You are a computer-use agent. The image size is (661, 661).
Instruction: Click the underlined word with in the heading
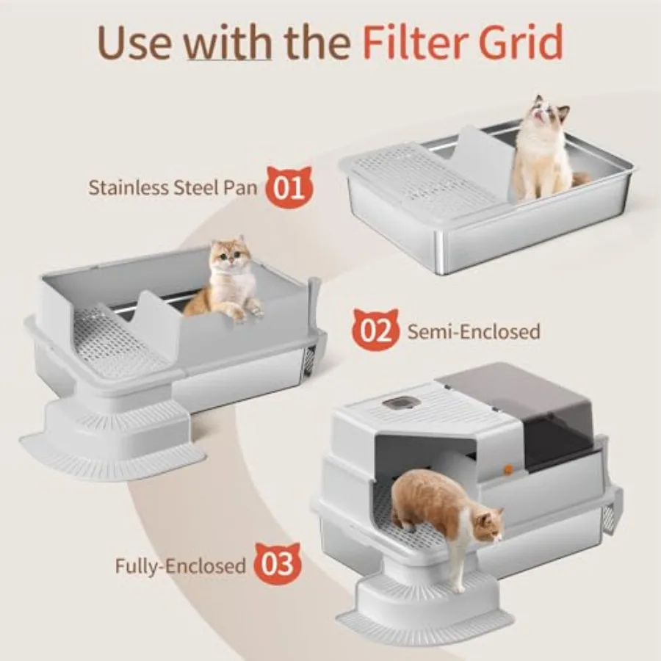pos(229,42)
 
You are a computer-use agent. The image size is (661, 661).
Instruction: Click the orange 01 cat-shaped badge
pos(289,187)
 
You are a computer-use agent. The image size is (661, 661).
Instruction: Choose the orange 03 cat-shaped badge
pos(278,563)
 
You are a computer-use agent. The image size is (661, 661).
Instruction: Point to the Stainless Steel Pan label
pos(173,187)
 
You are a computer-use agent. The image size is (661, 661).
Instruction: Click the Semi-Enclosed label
pos(474,331)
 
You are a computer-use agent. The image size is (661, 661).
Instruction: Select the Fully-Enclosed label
pos(181,565)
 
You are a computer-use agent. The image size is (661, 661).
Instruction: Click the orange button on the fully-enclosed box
pos(508,469)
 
